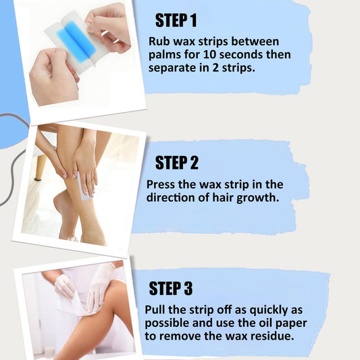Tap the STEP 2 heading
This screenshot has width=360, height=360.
[x=176, y=162]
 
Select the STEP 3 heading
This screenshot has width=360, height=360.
[x=171, y=288]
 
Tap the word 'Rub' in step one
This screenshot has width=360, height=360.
[x=160, y=41]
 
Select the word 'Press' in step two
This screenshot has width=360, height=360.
[x=163, y=184]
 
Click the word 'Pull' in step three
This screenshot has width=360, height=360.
[x=157, y=309]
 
